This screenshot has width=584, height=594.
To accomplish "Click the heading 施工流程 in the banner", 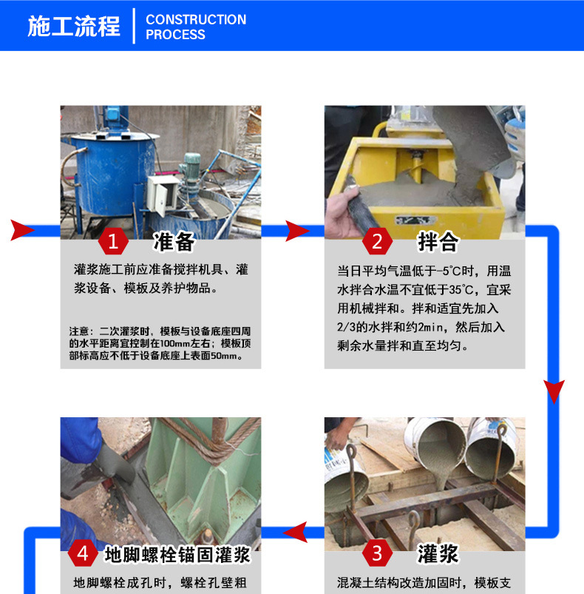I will point(73,26).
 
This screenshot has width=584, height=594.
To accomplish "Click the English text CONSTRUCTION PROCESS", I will point(196,27).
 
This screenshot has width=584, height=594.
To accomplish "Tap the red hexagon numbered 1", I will point(113,241).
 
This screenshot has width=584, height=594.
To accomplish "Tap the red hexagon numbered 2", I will point(377,241).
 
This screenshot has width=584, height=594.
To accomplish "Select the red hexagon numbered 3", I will point(377,553).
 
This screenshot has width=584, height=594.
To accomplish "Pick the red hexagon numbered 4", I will point(83,553).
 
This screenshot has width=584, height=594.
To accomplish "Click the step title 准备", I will point(174,241).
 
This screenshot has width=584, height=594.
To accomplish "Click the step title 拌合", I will point(438,241).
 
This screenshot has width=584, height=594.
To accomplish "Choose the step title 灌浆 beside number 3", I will point(438,553).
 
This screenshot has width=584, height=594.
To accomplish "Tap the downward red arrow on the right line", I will point(554,391).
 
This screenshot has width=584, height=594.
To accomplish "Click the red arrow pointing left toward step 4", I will point(296,531).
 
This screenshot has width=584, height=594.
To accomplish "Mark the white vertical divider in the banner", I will point(135,26).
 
